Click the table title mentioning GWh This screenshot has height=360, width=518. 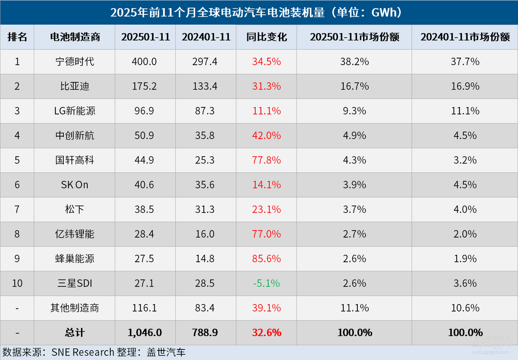point(259,12)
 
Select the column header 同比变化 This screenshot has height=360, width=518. point(266,37)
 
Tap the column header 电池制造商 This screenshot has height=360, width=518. point(74,37)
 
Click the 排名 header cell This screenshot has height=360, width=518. point(17,37)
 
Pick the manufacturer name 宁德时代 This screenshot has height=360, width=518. point(74,62)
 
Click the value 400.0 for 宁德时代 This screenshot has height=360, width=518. point(144,62)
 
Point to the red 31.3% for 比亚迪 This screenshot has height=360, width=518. point(266,86)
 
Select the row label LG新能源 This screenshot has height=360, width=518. point(74,111)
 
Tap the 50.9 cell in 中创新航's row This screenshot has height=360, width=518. point(144,136)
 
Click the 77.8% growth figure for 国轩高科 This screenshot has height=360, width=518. point(266,160)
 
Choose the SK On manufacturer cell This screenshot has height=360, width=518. point(74,185)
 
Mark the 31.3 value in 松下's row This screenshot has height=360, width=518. point(205,209)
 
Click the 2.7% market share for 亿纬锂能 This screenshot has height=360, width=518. point(354,234)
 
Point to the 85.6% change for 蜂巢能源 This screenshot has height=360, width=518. point(266,259)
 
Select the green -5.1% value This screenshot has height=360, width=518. point(266,283)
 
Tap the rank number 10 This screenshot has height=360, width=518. point(17,283)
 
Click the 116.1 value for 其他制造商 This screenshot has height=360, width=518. point(144,308)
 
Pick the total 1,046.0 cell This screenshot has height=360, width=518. point(144,333)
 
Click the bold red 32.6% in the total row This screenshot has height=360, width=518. point(266,333)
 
